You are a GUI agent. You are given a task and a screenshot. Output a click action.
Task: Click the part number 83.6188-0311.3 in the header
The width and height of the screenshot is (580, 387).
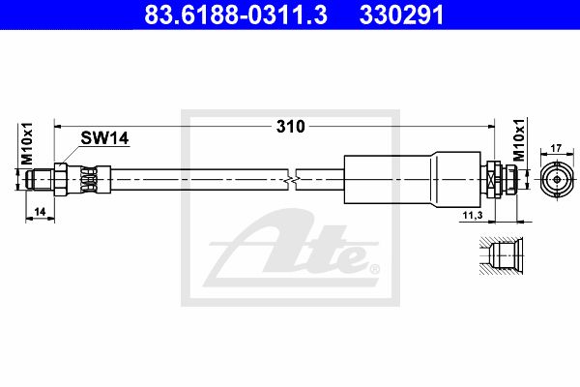coord(236,15)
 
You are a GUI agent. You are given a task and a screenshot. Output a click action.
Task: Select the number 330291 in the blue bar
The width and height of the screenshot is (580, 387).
coord(401,15)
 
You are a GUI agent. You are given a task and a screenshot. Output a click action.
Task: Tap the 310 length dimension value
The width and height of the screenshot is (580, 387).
coord(291,127)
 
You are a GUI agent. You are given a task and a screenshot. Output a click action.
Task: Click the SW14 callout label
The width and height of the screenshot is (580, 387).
coord(104,138)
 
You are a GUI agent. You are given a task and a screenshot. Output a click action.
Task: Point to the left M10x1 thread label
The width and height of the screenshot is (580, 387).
coord(27,144)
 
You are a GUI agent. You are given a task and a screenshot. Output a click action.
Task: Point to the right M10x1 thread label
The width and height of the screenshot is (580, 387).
coord(520,140)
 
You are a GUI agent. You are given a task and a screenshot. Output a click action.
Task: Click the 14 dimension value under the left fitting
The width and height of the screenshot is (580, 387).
coord(40,212)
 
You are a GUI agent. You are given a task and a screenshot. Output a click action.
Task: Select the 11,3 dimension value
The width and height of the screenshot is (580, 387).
coord(473,215)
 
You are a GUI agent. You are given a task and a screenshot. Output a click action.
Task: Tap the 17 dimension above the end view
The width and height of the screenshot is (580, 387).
coord(556,148)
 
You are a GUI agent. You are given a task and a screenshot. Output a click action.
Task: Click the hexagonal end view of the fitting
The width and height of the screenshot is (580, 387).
coord(557,180)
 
